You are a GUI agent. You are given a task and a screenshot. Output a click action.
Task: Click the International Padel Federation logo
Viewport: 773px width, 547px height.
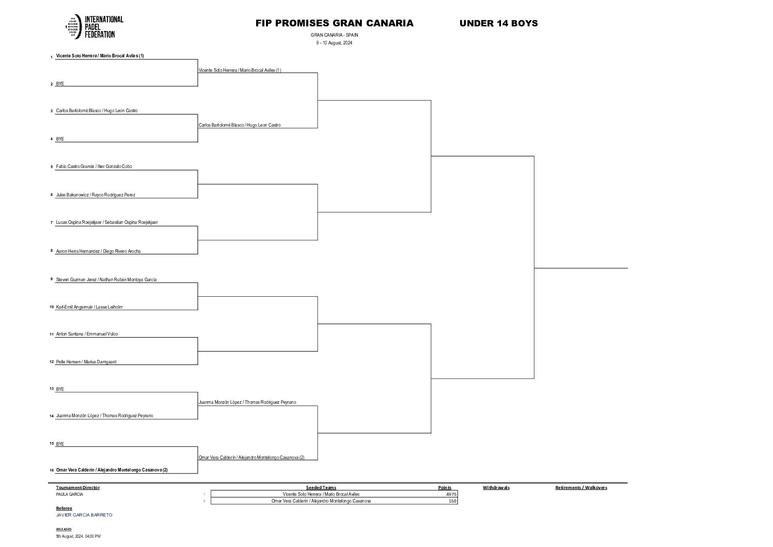click(x=94, y=27)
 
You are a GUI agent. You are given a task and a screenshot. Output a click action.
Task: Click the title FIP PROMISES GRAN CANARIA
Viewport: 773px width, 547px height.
click(x=334, y=23)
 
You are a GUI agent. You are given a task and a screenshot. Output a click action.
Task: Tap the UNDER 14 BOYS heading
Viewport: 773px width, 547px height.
click(x=498, y=23)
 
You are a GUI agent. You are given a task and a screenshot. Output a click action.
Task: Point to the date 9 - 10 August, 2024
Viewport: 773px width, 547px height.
click(x=334, y=43)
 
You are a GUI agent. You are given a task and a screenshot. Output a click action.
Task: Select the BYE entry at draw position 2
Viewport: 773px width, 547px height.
click(x=60, y=84)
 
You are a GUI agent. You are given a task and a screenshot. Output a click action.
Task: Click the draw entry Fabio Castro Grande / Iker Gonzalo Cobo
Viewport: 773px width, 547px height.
click(x=94, y=166)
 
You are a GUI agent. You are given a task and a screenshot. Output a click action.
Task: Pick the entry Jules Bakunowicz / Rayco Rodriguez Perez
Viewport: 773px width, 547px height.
click(x=96, y=195)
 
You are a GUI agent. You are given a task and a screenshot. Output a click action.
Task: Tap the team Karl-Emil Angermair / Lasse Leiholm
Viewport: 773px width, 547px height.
click(x=89, y=307)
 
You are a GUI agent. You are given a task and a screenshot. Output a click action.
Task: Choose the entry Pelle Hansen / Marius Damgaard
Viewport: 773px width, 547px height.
click(x=86, y=362)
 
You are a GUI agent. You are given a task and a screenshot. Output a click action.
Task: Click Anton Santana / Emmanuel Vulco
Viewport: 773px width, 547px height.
click(x=87, y=334)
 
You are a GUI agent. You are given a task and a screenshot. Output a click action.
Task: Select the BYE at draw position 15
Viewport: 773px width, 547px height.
click(x=60, y=444)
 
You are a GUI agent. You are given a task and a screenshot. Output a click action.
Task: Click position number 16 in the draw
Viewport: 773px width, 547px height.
click(x=52, y=470)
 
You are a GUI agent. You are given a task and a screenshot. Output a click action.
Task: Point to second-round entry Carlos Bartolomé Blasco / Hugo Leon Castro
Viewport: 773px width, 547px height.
click(x=240, y=125)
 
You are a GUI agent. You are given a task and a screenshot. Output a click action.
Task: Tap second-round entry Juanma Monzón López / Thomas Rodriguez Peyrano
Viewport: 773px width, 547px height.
click(x=247, y=402)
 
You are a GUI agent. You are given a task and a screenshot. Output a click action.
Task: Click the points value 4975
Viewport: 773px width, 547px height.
click(x=451, y=494)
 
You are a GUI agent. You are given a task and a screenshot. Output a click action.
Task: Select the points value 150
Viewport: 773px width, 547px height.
click(x=453, y=501)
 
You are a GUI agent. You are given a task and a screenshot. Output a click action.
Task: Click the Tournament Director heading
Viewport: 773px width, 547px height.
click(x=77, y=488)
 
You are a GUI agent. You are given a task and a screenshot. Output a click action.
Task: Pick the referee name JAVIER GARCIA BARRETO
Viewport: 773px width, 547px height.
click(x=84, y=515)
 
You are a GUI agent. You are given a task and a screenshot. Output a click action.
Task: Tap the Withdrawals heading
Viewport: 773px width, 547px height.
click(x=496, y=488)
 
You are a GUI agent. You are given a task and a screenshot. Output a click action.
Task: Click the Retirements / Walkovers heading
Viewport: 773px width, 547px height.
click(x=581, y=488)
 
